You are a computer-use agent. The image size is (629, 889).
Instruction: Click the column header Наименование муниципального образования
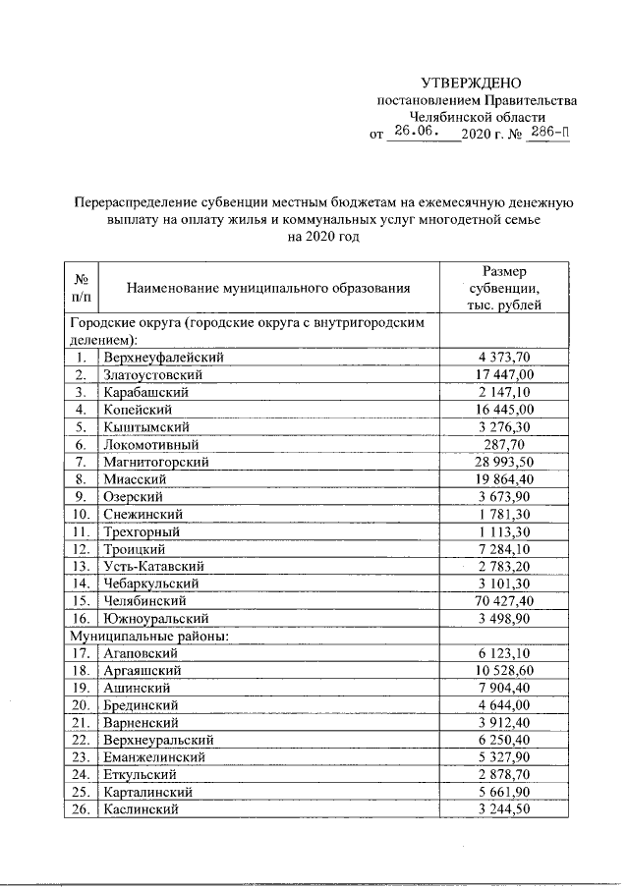[267, 288]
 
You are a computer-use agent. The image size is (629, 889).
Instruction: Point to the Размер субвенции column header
[504, 288]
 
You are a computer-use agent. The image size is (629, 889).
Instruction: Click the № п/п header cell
[81, 288]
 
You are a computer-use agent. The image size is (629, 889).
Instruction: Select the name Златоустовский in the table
[152, 375]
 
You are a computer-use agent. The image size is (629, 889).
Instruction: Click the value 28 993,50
[504, 462]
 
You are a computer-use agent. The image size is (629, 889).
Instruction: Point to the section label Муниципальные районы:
[147, 636]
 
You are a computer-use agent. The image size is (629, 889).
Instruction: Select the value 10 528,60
[504, 670]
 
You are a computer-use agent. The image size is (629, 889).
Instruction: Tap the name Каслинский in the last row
[141, 808]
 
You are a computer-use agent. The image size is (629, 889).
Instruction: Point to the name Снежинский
[143, 514]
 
